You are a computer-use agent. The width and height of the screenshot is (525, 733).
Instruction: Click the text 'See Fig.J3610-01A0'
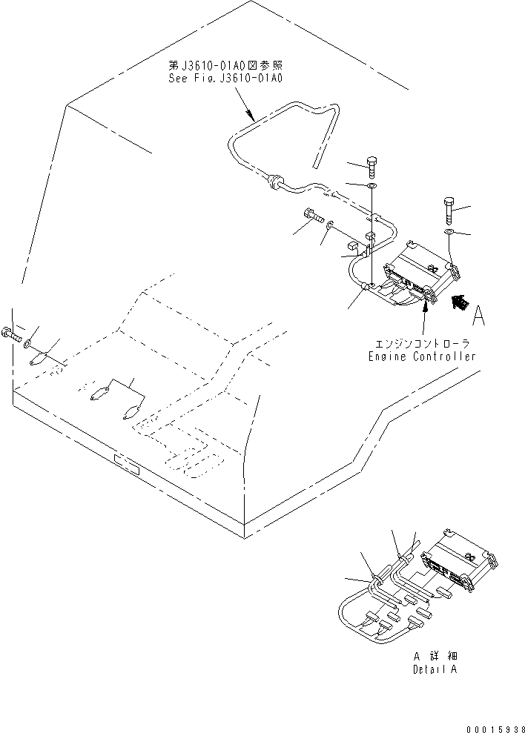(x=226, y=76)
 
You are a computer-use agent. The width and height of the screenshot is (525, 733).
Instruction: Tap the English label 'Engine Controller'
(x=422, y=356)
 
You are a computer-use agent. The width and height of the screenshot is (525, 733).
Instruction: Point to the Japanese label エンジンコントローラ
(x=423, y=345)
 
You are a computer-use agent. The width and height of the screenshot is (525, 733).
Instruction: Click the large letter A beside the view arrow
(x=478, y=316)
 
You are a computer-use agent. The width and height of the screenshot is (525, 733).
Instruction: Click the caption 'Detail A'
(x=437, y=669)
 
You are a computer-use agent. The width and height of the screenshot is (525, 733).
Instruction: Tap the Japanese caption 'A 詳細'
(x=437, y=657)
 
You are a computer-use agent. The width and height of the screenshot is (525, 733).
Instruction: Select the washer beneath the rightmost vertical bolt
(x=450, y=233)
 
